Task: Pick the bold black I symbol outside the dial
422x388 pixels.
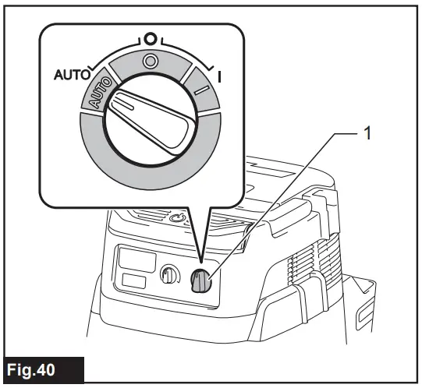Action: [222, 77]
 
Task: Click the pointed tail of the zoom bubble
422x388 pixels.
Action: [201, 249]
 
